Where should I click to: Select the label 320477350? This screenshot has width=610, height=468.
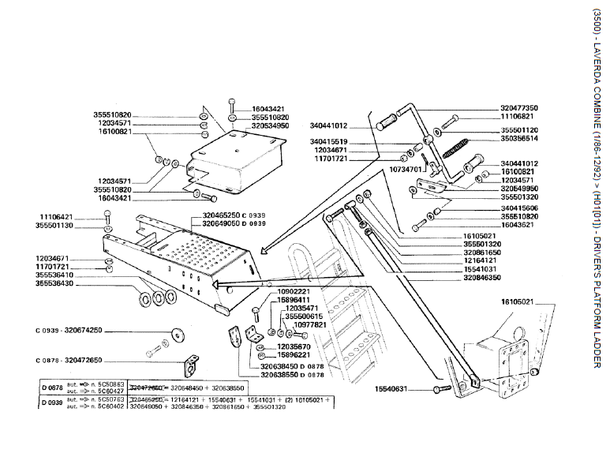pos(518,107)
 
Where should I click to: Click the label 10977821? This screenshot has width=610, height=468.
pos(307,325)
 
